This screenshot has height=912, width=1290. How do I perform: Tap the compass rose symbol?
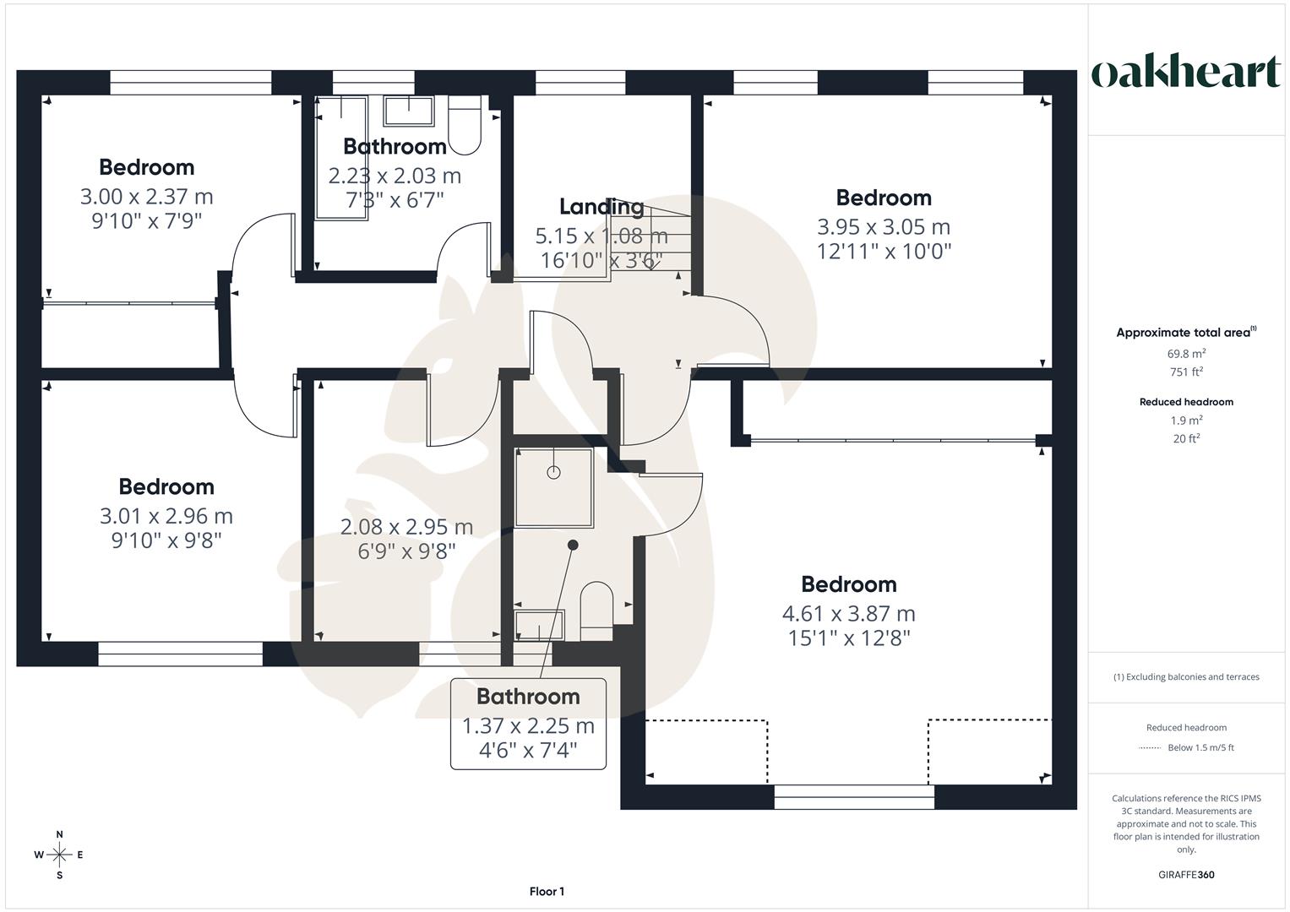coord(59,855)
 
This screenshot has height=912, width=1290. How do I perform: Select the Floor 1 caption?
coord(547,892)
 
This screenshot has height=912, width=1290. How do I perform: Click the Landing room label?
coord(601,206)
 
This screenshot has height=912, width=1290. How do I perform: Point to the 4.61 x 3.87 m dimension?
coord(849,613)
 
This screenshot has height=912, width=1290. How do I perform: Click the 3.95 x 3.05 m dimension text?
coord(884,227)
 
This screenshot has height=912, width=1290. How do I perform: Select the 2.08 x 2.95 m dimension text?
coord(406,527)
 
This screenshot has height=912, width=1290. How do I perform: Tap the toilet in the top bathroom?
coord(464,127)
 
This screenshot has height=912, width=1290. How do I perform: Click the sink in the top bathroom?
coord(409,111)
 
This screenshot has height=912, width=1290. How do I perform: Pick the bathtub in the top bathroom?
coord(341,157)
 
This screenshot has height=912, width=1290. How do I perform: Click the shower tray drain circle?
coord(554,472)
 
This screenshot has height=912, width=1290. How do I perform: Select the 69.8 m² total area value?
coord(1186,354)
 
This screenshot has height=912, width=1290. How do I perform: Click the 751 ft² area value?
coord(1186,372)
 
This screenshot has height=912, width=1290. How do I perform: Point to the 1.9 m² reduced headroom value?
coord(1186,421)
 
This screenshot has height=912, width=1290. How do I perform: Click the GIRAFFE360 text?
coord(1186,875)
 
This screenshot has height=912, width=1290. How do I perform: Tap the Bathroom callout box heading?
coord(528,697)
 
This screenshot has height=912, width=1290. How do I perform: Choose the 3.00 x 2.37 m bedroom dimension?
coord(146,197)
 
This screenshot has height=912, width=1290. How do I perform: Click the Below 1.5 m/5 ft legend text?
coord(1200,747)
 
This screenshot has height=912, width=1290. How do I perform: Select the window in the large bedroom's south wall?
coord(854,797)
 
